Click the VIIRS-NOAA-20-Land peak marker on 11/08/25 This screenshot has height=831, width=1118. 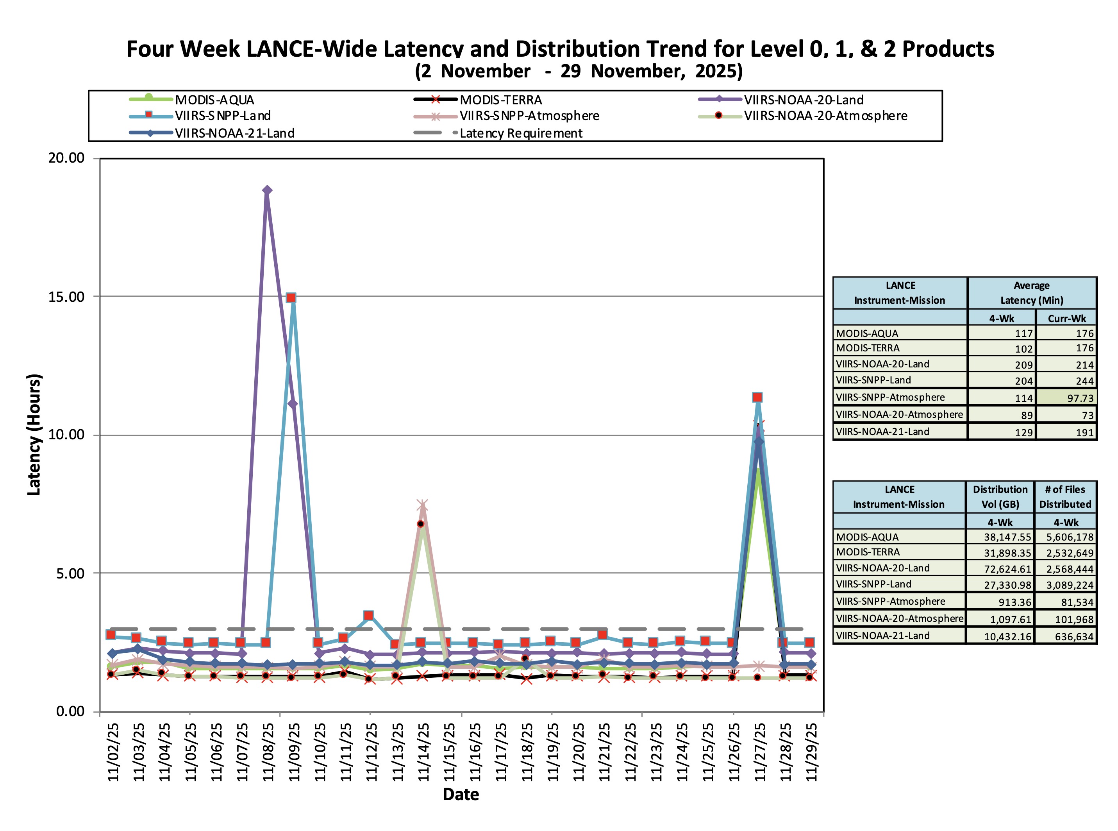267,190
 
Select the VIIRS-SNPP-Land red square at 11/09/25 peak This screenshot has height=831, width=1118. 291,298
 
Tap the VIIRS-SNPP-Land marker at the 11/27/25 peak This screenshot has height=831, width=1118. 757,398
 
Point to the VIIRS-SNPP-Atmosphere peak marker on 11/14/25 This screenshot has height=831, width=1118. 422,505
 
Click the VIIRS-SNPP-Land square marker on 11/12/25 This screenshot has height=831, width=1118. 368,615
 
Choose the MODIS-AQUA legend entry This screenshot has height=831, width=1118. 214,100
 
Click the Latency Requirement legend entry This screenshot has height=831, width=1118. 520,133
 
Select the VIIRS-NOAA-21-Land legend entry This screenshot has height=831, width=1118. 234,133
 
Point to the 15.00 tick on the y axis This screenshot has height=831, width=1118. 66,297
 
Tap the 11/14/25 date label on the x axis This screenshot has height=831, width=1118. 423,752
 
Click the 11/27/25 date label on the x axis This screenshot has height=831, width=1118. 759,752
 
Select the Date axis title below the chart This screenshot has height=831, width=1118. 461,794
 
